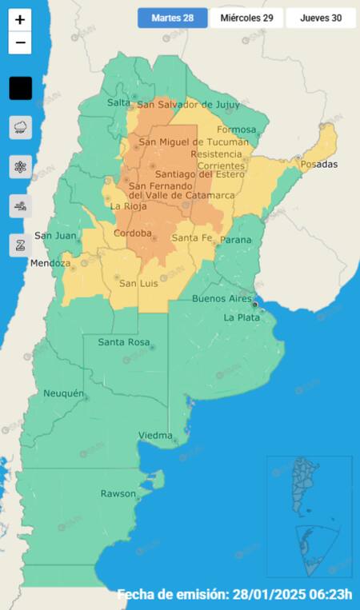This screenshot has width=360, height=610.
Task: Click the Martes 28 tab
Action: pos(172,18)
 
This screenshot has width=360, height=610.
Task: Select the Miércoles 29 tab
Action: pos(246,18)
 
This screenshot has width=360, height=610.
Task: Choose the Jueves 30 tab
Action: pos(320,18)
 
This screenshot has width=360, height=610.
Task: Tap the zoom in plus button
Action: pos(20,19)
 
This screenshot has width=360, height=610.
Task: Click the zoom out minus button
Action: pos(20,42)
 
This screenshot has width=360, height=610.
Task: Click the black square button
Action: pos(20,88)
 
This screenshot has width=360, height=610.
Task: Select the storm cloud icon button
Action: pos(20,127)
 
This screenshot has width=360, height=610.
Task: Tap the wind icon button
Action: pos(20,206)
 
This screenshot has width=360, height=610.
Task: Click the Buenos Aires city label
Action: pos(222,299)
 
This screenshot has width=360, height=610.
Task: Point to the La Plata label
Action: pos(240,317)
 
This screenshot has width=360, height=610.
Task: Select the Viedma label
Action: pos(156,435)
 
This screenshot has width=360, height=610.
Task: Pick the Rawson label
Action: pos(118,493)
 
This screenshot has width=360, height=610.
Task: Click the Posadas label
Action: pos(319,164)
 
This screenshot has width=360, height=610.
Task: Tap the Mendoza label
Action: pos(50,263)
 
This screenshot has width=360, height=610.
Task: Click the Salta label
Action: pos(118,102)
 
